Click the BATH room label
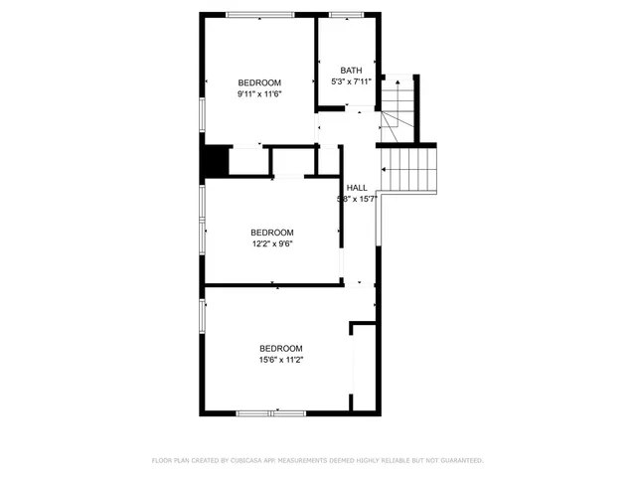[x=352, y=70]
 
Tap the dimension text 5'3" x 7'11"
[x=352, y=81]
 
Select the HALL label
[x=357, y=187]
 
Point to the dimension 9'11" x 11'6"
[x=259, y=93]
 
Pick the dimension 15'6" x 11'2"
[x=281, y=360]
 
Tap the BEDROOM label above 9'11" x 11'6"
[x=259, y=81]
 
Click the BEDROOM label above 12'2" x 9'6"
[x=271, y=232]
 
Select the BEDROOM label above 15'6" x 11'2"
[x=281, y=348]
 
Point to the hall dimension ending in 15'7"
[x=358, y=199]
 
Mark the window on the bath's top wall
[x=347, y=14]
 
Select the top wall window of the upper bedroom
[x=260, y=14]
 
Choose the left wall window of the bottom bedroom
[x=203, y=316]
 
